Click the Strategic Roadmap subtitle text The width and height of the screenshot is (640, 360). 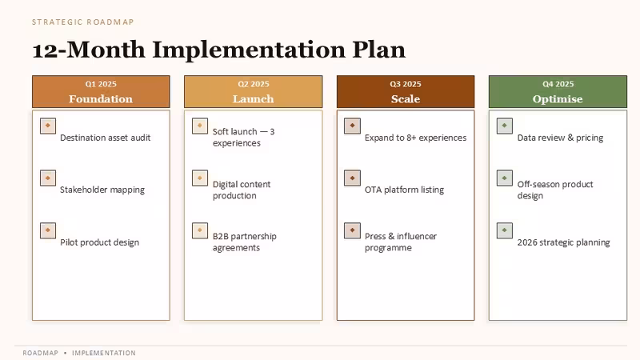[x=83, y=22]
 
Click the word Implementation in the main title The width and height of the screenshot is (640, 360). [x=249, y=50]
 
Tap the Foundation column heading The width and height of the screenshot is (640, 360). [x=101, y=98]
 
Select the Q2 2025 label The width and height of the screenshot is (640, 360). [x=254, y=84]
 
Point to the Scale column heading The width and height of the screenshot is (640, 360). [x=406, y=98]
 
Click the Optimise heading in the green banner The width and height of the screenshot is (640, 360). [x=558, y=99]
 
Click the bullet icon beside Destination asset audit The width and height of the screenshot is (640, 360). [x=48, y=126]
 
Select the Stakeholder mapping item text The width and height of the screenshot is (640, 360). [x=102, y=190]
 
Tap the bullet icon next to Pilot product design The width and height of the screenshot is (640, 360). [x=48, y=230]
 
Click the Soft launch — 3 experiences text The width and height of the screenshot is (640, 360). [x=244, y=137]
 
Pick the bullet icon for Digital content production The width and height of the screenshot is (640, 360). [x=200, y=178]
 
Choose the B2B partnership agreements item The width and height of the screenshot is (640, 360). [x=245, y=242]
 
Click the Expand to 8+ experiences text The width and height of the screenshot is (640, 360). [x=415, y=138]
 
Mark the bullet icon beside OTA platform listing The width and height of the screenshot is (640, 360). [x=352, y=178]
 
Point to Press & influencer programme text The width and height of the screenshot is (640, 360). [x=401, y=242]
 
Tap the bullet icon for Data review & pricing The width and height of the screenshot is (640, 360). [x=505, y=126]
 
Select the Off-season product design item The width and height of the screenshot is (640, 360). [x=555, y=190]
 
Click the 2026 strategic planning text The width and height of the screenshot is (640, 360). [x=564, y=242]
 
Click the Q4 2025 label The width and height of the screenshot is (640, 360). [x=558, y=84]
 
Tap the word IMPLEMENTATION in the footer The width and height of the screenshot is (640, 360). [x=104, y=353]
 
